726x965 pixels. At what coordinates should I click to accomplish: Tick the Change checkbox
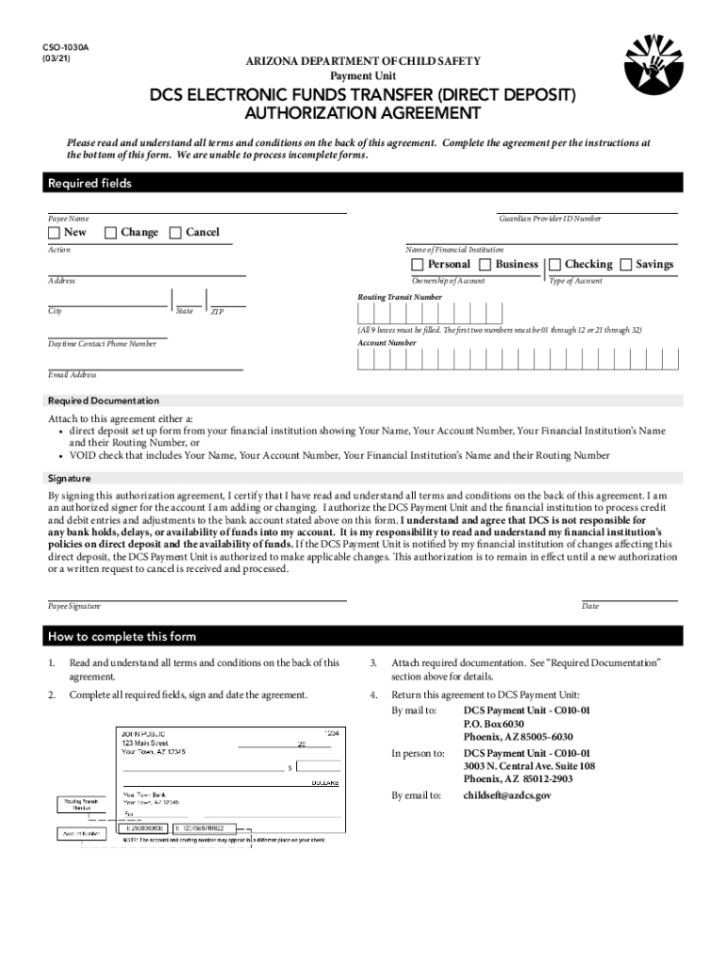(110, 233)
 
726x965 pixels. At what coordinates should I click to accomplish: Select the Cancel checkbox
(174, 233)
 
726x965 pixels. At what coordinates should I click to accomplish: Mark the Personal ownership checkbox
(418, 265)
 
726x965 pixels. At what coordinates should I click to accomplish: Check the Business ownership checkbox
(486, 265)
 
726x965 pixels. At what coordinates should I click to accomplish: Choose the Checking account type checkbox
(554, 265)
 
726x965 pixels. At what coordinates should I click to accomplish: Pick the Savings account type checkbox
(626, 265)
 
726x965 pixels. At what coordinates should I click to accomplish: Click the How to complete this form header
(122, 636)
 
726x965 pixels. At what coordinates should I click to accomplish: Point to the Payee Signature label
(74, 607)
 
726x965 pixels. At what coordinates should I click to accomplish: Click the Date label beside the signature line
(590, 607)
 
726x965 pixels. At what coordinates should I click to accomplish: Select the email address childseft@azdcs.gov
(507, 795)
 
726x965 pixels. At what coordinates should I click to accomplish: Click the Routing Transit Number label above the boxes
(400, 297)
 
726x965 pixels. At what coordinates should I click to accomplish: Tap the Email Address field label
(73, 375)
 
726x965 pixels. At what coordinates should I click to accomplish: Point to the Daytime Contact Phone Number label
(102, 344)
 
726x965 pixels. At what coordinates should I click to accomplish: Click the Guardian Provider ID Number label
(550, 219)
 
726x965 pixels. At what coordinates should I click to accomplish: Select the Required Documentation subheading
(104, 401)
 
